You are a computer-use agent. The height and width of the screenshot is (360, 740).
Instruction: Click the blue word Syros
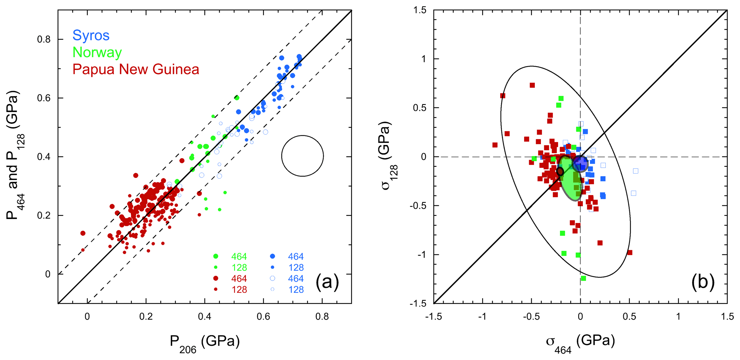(x=91, y=35)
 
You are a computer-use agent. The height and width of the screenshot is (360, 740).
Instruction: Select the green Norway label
(x=97, y=52)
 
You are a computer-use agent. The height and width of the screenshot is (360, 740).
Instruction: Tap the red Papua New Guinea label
(x=136, y=69)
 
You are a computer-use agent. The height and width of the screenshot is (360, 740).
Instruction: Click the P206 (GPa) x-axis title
(x=204, y=343)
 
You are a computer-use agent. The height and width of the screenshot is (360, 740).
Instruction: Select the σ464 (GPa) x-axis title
(x=580, y=343)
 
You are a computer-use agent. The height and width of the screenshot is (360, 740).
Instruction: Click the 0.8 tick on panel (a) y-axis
(x=44, y=39)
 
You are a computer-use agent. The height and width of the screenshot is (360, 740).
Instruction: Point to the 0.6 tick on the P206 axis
(x=263, y=317)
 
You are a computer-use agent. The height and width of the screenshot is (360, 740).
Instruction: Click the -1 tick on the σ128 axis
(x=423, y=255)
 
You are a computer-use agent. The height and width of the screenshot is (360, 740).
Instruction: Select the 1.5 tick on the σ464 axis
(x=727, y=317)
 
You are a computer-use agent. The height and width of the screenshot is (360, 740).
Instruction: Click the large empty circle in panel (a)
(x=303, y=156)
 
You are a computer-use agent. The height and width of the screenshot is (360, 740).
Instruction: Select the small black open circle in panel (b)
(x=560, y=172)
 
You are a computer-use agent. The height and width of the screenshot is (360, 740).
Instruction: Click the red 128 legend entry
(x=239, y=290)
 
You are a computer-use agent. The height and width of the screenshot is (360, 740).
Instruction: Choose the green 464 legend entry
(x=239, y=257)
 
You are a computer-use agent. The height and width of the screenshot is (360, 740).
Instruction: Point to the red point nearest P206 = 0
(x=83, y=233)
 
